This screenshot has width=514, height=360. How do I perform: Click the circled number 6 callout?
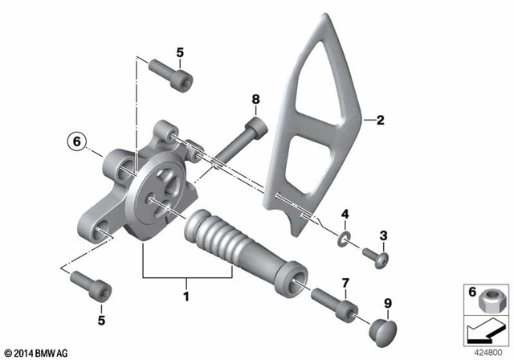click(x=75, y=141)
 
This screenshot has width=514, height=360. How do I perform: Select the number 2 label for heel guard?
click(x=381, y=121)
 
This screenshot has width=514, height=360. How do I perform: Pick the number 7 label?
click(x=345, y=282)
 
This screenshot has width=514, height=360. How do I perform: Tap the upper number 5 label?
click(x=180, y=53)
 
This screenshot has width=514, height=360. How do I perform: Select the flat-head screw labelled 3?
click(x=375, y=257)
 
